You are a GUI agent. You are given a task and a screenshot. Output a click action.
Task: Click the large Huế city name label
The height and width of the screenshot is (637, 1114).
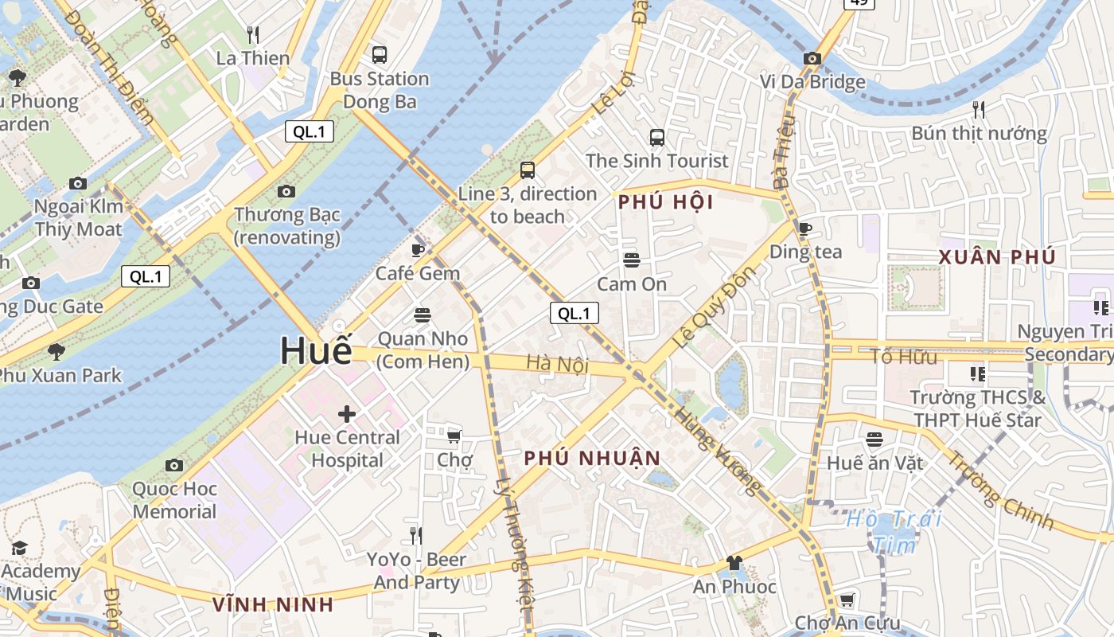(316, 351)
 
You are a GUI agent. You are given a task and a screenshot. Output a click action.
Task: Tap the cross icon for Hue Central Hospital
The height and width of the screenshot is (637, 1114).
(347, 413)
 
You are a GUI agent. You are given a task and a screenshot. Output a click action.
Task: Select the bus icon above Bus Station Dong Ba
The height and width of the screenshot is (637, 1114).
(380, 55)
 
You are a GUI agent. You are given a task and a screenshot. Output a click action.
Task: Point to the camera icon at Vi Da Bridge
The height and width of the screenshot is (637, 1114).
(812, 58)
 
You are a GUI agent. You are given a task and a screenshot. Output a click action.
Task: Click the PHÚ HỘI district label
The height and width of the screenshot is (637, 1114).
(666, 202)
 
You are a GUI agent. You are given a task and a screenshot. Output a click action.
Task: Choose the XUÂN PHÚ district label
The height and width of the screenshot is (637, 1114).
(997, 257)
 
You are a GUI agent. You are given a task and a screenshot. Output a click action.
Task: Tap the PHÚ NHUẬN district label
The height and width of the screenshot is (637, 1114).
(593, 458)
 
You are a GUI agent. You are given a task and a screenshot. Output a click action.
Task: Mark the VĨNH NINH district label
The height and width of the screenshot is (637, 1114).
(273, 604)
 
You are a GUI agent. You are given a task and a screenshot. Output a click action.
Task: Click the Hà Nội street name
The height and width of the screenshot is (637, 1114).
(557, 365)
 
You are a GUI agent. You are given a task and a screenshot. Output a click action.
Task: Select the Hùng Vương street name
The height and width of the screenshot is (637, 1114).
(717, 450)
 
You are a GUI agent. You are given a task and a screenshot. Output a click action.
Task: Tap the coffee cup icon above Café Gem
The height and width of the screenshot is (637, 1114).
(418, 251)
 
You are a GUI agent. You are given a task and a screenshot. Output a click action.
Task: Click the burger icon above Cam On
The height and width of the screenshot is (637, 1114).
(632, 260)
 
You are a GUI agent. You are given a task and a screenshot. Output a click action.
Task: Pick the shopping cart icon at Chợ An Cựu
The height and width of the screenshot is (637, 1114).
(847, 600)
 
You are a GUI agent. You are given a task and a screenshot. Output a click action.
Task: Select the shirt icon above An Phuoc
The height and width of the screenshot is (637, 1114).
(734, 563)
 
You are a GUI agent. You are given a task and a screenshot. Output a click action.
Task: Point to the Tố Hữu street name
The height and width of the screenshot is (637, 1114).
(903, 357)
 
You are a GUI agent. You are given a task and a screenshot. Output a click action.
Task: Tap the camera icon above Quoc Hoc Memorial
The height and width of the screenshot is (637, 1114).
(174, 465)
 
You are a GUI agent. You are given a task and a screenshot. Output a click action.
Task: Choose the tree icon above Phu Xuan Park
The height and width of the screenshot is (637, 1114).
(56, 351)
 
